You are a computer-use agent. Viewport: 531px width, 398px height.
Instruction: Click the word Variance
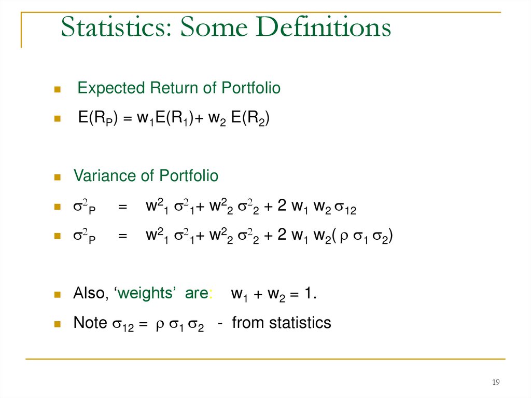pyautogui.click(x=105, y=176)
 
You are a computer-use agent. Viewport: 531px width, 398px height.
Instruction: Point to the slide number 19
pyautogui.click(x=495, y=382)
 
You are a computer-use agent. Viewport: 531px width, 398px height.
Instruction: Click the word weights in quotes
pyautogui.click(x=145, y=294)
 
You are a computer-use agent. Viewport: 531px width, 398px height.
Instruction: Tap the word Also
pyautogui.click(x=90, y=294)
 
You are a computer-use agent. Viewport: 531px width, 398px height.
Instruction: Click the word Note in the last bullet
pyautogui.click(x=90, y=323)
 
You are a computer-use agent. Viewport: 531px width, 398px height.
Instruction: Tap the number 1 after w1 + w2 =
pyautogui.click(x=309, y=294)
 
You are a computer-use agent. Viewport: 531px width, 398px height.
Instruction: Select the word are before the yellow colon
pyautogui.click(x=196, y=294)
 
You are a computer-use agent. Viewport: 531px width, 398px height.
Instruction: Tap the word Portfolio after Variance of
pyautogui.click(x=189, y=176)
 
